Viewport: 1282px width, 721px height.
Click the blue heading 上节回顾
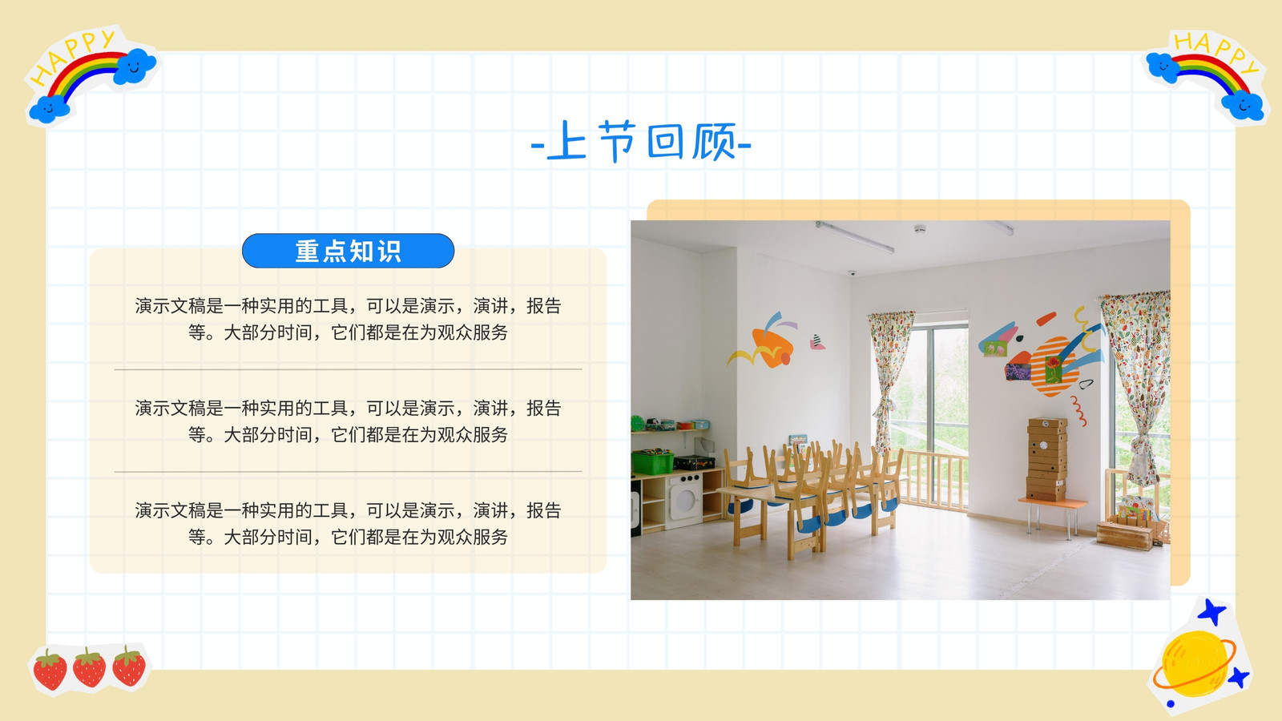pyautogui.click(x=641, y=141)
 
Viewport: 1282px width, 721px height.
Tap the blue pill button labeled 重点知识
pyautogui.click(x=348, y=251)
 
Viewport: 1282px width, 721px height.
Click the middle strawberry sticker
pyautogui.click(x=89, y=667)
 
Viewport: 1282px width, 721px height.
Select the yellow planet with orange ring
pyautogui.click(x=1195, y=664)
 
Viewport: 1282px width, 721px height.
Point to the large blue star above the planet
pyautogui.click(x=1211, y=612)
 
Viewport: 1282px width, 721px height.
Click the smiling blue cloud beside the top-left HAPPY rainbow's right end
pyautogui.click(x=135, y=66)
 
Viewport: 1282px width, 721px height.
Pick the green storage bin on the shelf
pyautogui.click(x=652, y=461)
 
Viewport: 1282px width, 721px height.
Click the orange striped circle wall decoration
pyautogui.click(x=1053, y=366)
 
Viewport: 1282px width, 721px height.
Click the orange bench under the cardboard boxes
pyautogui.click(x=1052, y=504)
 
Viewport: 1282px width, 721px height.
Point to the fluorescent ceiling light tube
pyautogui.click(x=854, y=236)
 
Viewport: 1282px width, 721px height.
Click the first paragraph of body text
pyautogui.click(x=348, y=319)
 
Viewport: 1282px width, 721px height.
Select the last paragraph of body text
pyautogui.click(x=348, y=523)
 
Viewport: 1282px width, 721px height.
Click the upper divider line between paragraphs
pyautogui.click(x=348, y=369)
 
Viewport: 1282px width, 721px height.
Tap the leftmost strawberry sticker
pyautogui.click(x=50, y=669)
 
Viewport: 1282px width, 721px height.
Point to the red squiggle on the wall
pyautogui.click(x=1078, y=410)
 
